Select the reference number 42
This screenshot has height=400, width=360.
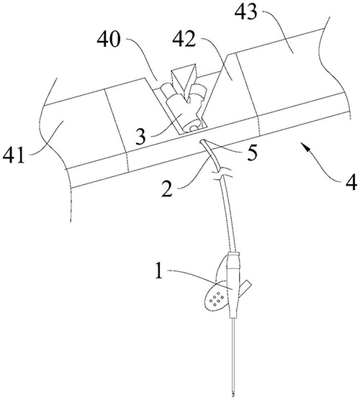pyautogui.click(x=184, y=40)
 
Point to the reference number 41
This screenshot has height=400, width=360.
pyautogui.click(x=14, y=155)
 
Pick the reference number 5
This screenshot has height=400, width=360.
pyautogui.click(x=252, y=153)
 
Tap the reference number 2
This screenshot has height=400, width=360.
pyautogui.click(x=167, y=189)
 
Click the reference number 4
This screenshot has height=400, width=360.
pyautogui.click(x=351, y=183)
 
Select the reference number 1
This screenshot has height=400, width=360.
pyautogui.click(x=159, y=271)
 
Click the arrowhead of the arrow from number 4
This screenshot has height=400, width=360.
pyautogui.click(x=304, y=145)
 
